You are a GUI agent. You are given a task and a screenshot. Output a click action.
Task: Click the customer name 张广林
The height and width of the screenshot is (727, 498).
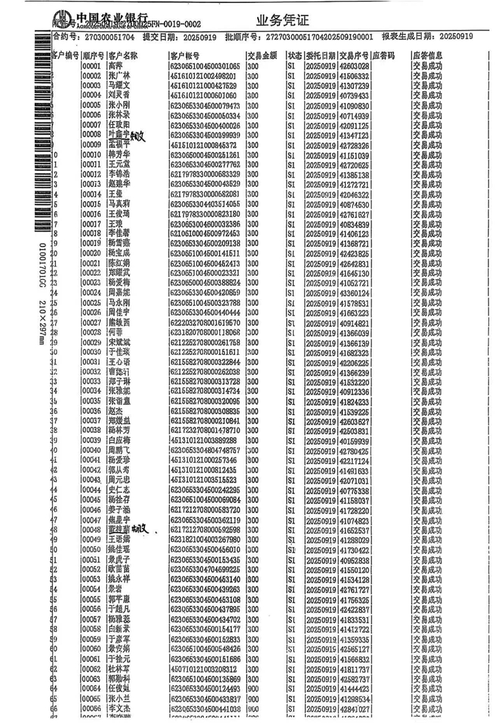120,76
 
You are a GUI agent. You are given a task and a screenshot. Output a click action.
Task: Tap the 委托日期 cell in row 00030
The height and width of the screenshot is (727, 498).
321,353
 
